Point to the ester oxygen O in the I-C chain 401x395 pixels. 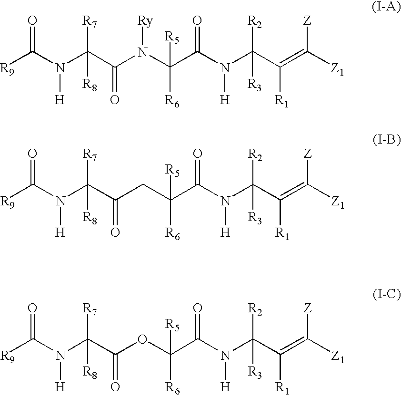tap(141, 339)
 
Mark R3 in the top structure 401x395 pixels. tap(255, 85)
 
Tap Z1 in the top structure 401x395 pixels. tap(337, 70)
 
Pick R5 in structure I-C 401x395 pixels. tap(173, 326)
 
